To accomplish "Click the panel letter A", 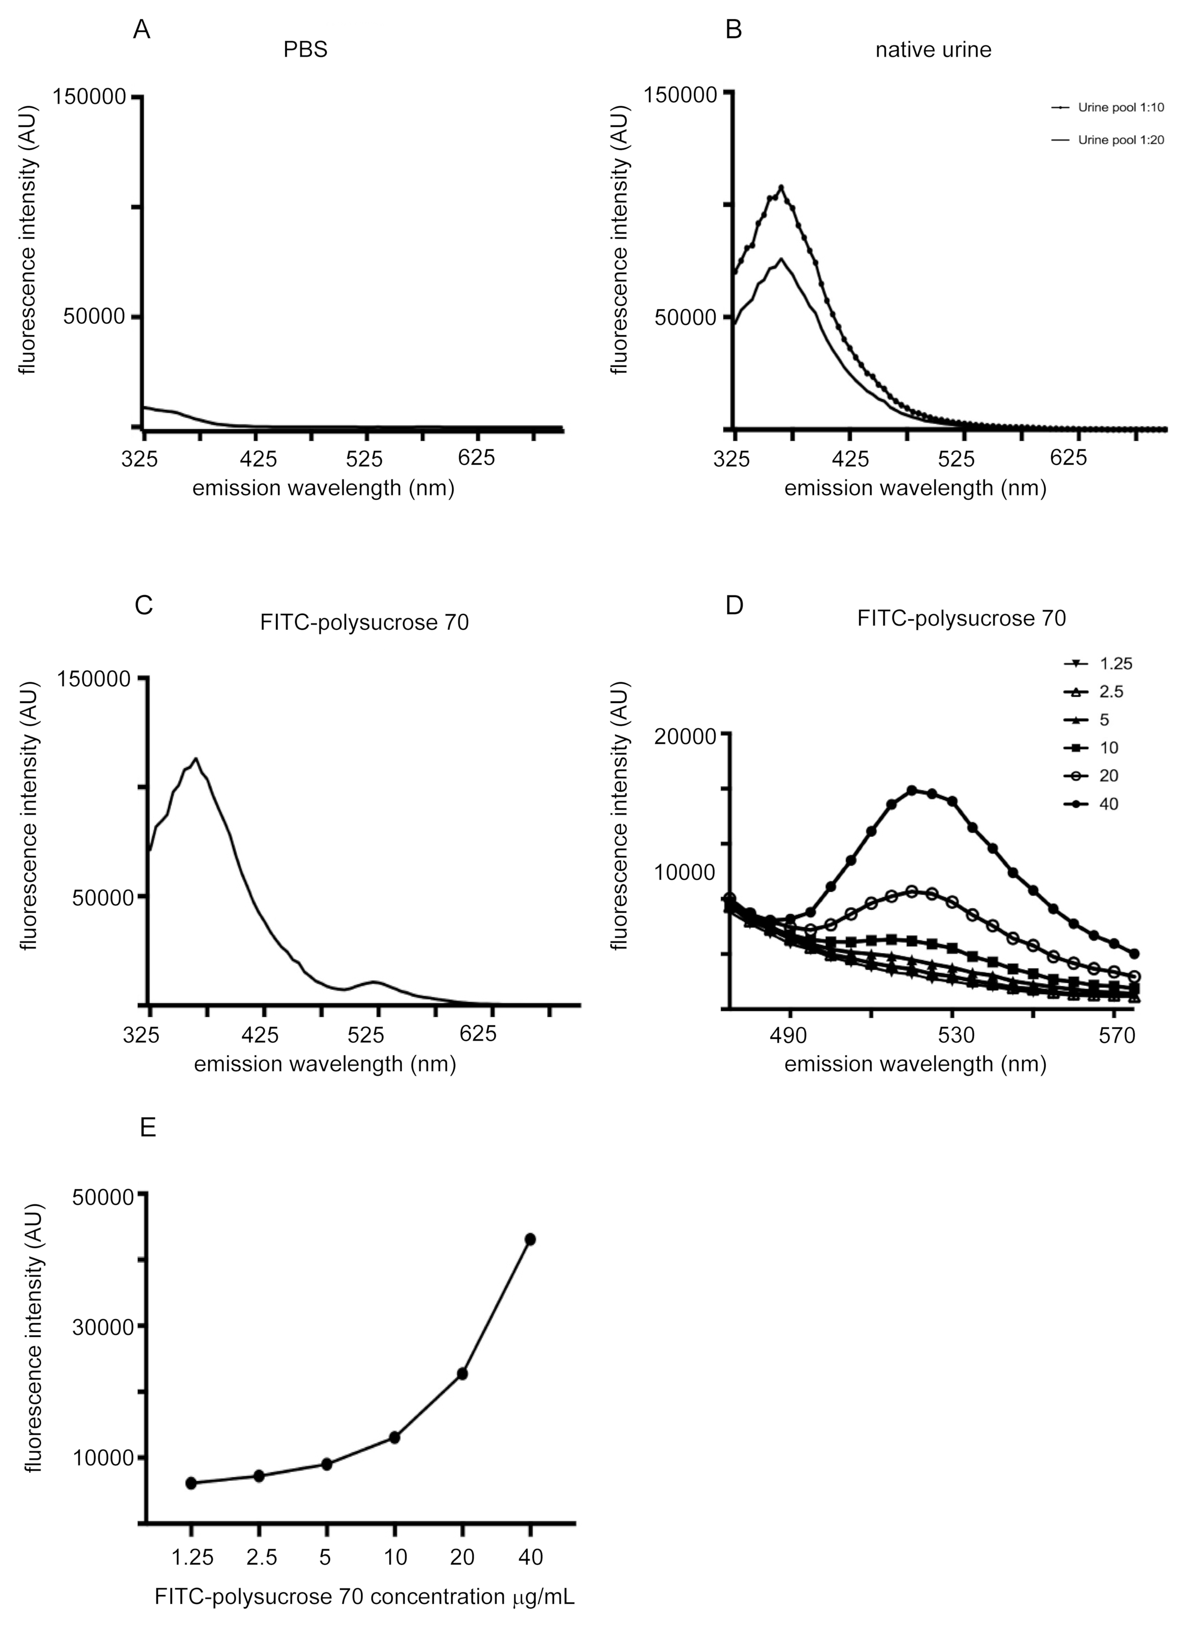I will pyautogui.click(x=142, y=30).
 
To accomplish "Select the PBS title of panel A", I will pyautogui.click(x=305, y=50).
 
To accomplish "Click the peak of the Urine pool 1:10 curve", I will pyautogui.click(x=781, y=188).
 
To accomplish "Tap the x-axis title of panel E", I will pyautogui.click(x=364, y=1597).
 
